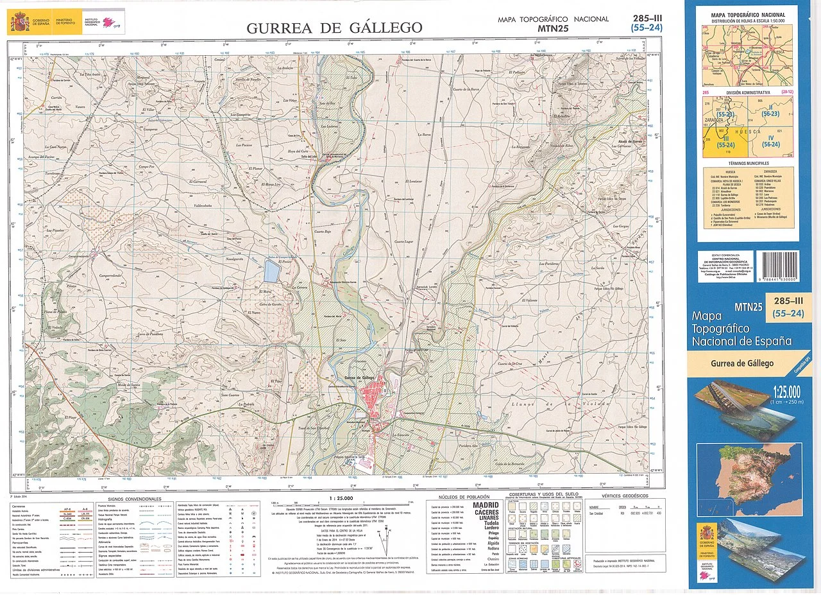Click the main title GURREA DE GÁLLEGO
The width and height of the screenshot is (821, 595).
334,27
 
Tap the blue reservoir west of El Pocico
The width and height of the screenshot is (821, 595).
271,272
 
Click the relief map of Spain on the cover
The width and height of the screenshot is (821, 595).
749,470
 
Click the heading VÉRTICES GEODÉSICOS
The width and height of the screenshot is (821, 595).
625,496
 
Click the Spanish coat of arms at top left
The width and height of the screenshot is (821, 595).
18,24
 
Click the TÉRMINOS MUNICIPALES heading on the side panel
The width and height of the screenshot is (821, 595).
748,164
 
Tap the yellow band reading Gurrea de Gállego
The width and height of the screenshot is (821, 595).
741,363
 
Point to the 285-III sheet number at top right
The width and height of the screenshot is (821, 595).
646,19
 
